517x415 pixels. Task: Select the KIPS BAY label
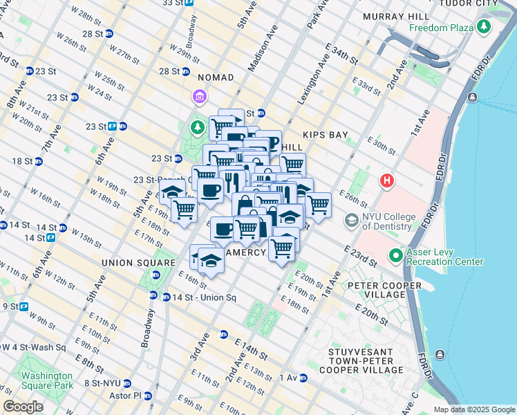pyautogui.click(x=323, y=135)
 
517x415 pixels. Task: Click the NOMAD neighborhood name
pyautogui.click(x=216, y=77)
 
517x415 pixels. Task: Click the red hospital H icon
pyautogui.click(x=386, y=181)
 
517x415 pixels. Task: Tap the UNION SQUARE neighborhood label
pyautogui.click(x=138, y=263)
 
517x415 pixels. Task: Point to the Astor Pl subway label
pyautogui.click(x=126, y=396)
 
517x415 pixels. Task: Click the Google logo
pyautogui.click(x=23, y=407)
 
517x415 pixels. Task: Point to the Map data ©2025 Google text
pyautogui.click(x=474, y=409)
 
